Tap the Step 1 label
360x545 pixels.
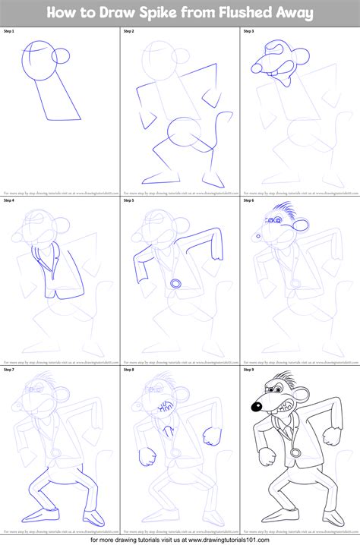11,31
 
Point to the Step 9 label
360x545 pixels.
250,370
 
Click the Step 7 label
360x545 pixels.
11,370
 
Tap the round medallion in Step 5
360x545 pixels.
176,282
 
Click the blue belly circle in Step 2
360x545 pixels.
183,134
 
